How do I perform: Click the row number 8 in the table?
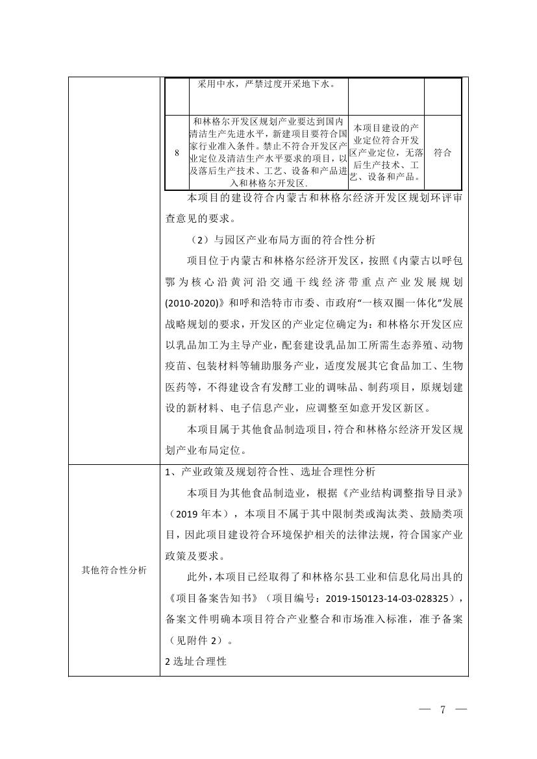177,153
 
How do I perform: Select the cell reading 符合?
443,153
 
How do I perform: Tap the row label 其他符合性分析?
114,570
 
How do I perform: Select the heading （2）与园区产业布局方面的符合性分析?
283,240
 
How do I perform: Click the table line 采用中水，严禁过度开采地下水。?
268,84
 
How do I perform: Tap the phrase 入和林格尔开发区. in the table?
268,183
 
